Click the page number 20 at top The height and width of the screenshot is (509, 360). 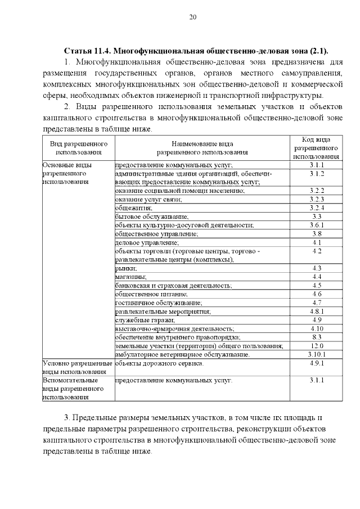point(192,17)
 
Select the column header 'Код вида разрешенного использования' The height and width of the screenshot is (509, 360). point(316,148)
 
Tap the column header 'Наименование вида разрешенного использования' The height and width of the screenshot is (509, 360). point(202,148)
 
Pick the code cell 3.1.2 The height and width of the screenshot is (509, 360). point(316,174)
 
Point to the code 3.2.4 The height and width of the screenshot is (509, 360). point(316,208)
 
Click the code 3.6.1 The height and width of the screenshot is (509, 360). point(316,225)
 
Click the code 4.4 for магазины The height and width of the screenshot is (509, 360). point(316,277)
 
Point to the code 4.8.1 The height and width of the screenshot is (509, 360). point(316,311)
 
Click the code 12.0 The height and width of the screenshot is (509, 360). point(316,345)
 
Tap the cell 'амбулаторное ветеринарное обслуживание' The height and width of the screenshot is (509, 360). point(182,354)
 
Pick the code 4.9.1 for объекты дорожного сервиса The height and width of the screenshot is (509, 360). point(316,363)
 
